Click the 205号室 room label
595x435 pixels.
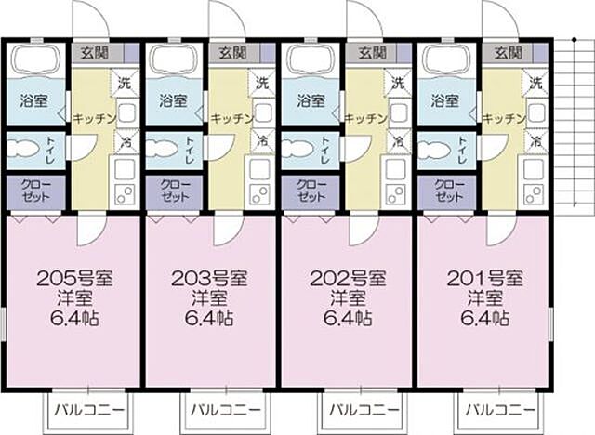coord(73,277)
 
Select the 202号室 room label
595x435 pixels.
coord(347,277)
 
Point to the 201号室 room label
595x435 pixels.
coord(483,277)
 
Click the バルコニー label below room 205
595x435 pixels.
coord(86,409)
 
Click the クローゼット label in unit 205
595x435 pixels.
coord(37,191)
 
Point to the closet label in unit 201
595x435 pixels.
coord(448,191)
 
